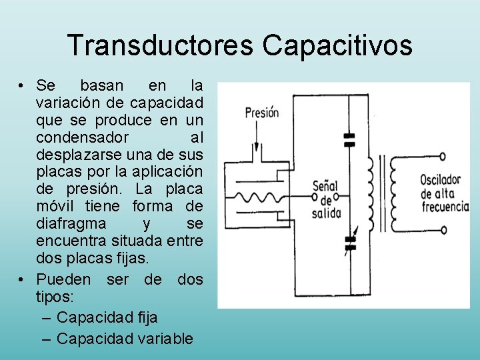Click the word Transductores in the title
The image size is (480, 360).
coord(160,46)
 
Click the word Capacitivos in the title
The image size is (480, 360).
coord(337,46)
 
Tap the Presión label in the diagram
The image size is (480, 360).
coord(261,113)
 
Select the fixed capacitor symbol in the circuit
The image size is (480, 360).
coord(349,139)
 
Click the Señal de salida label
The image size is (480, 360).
coord(326,199)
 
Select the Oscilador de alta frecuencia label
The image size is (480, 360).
coord(445,193)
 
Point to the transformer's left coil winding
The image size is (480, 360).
coord(368,193)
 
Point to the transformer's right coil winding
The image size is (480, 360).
coord(393,193)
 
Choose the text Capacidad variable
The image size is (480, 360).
coord(125,339)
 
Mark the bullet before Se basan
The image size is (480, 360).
coord(23,86)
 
